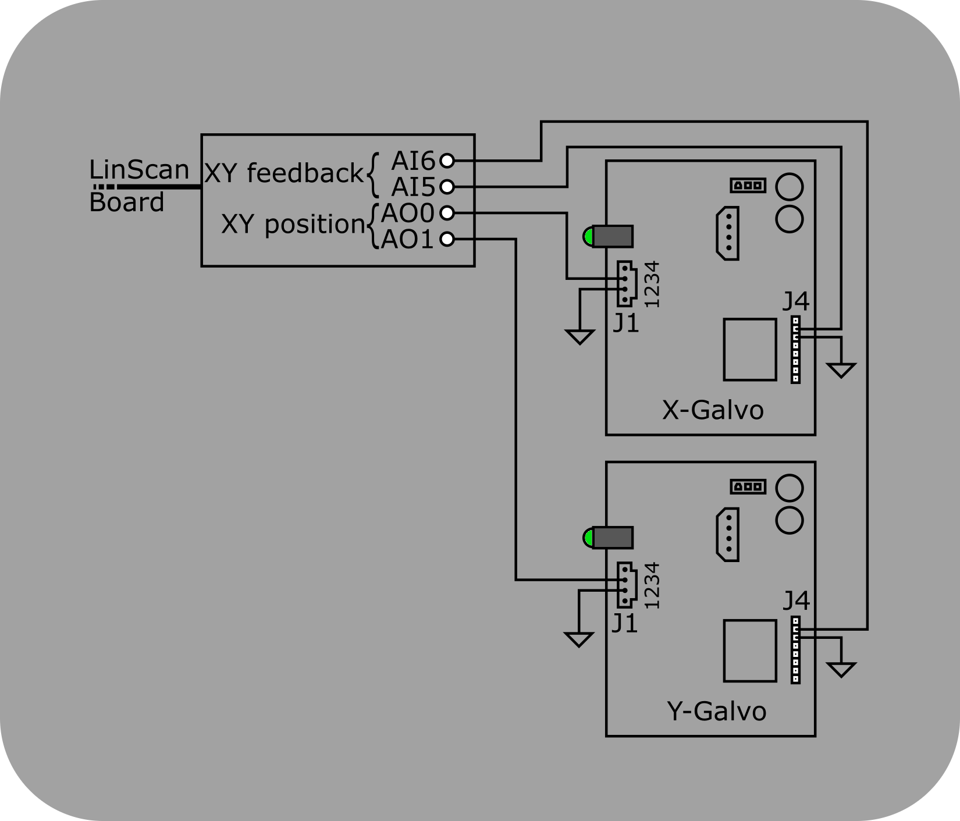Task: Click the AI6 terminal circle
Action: [x=447, y=160]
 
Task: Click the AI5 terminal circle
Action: [x=447, y=187]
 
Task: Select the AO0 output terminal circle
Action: [x=447, y=213]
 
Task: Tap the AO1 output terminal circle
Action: [x=447, y=239]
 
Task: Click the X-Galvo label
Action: [x=713, y=410]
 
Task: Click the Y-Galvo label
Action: [x=716, y=711]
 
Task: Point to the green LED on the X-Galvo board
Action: [x=588, y=237]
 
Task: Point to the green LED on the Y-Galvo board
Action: [x=588, y=538]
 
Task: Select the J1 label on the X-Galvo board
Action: [x=626, y=324]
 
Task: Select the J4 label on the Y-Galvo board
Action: [x=796, y=601]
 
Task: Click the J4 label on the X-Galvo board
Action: [x=796, y=301]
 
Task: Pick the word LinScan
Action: [x=139, y=170]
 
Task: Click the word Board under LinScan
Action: [x=126, y=202]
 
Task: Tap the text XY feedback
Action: [x=284, y=173]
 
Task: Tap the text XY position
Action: [x=293, y=224]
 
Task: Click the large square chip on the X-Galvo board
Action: [x=750, y=349]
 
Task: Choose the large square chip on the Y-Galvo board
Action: [x=750, y=651]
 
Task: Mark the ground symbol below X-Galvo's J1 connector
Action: [x=579, y=336]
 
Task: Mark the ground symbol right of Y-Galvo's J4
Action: [x=841, y=670]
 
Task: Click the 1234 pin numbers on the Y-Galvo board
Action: [x=652, y=585]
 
